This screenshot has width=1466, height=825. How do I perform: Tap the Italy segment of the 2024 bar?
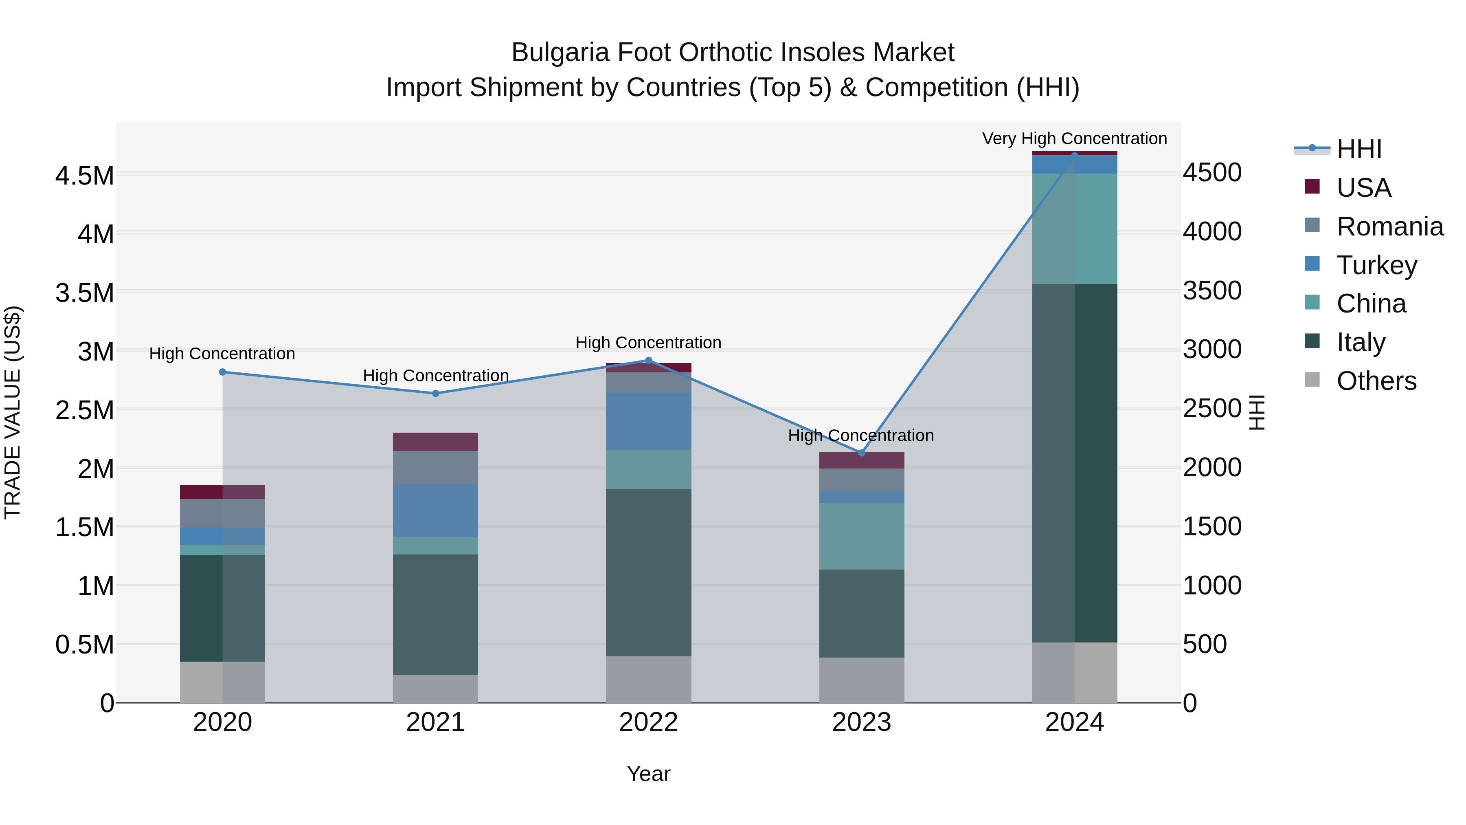click(x=1075, y=463)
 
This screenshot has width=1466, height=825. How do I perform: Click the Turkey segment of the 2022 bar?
click(x=648, y=421)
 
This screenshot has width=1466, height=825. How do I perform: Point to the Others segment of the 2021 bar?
click(x=435, y=689)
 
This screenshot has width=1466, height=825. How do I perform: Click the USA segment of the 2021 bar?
click(x=435, y=442)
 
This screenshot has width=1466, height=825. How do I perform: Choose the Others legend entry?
click(x=1376, y=381)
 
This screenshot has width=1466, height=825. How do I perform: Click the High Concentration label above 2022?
click(x=648, y=343)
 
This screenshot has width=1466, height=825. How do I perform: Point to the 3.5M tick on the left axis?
click(x=84, y=293)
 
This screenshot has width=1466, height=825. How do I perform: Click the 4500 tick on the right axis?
click(x=1212, y=172)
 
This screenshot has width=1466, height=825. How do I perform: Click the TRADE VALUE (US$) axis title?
click(x=13, y=412)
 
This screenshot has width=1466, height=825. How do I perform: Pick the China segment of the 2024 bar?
click(x=1075, y=228)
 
